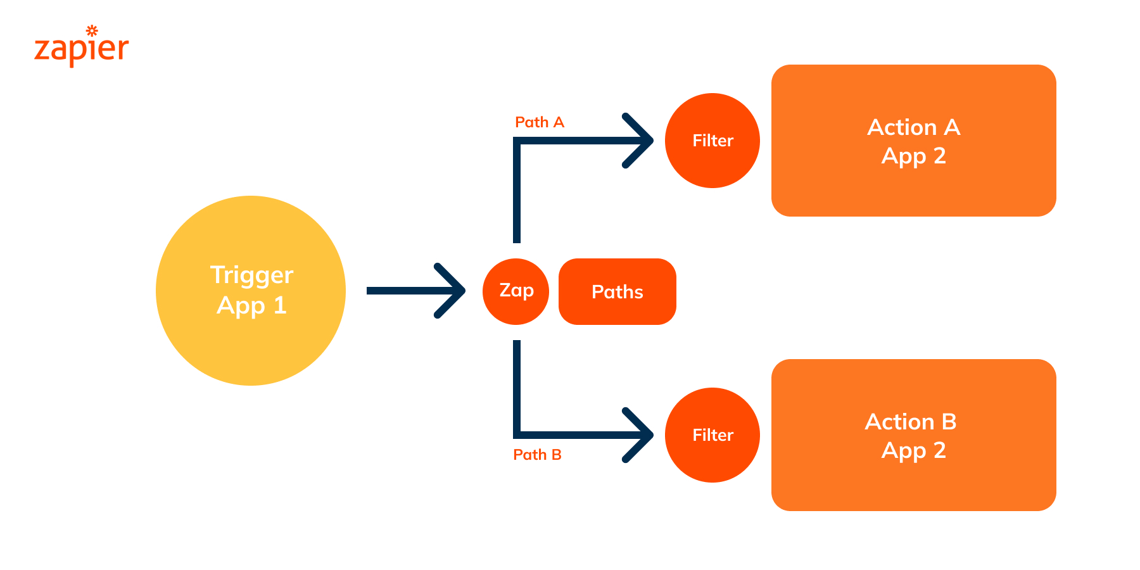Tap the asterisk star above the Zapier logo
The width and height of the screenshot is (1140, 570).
92,30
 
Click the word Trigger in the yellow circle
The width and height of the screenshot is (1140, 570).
251,275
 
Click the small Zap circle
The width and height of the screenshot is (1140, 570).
516,291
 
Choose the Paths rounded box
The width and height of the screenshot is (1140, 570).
617,291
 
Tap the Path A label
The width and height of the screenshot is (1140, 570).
539,122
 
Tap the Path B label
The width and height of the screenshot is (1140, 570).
537,455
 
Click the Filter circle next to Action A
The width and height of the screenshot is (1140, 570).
712,141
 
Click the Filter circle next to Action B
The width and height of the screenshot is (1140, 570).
712,435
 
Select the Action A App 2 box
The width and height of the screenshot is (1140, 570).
913,190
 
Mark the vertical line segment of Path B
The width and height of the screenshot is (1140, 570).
517,386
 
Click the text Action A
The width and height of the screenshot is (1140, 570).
913,127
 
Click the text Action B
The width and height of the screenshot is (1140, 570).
911,422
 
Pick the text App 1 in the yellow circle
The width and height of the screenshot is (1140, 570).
251,306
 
